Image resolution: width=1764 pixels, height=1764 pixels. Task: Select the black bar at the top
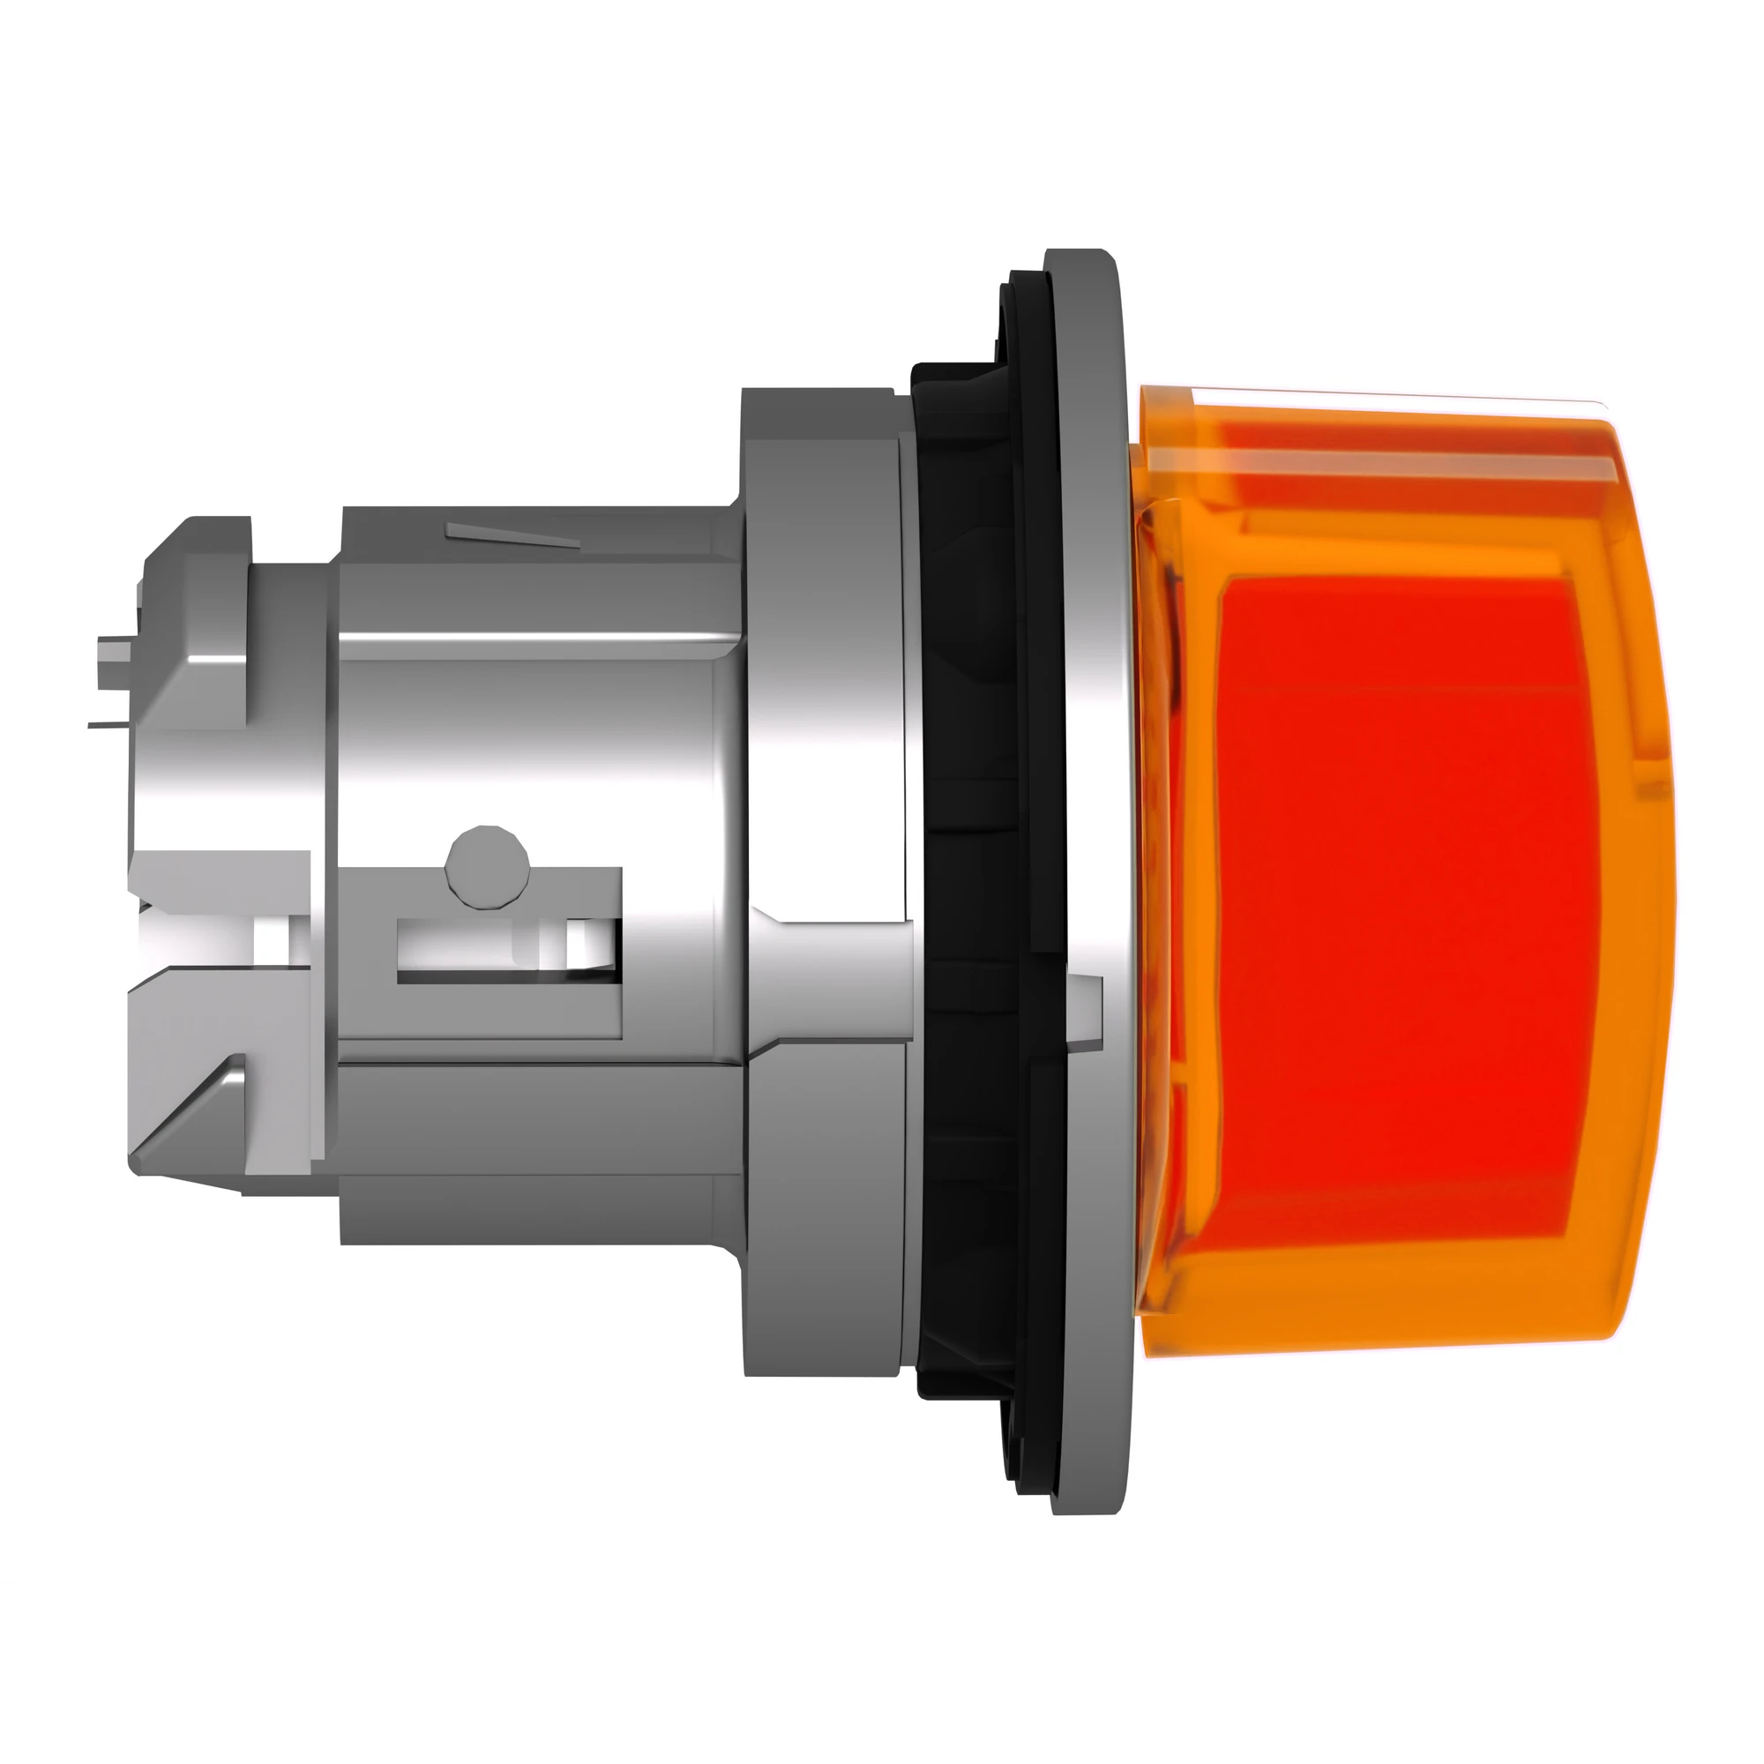[x=882, y=86]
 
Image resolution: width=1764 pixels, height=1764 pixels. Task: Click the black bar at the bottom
[x=882, y=1676]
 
